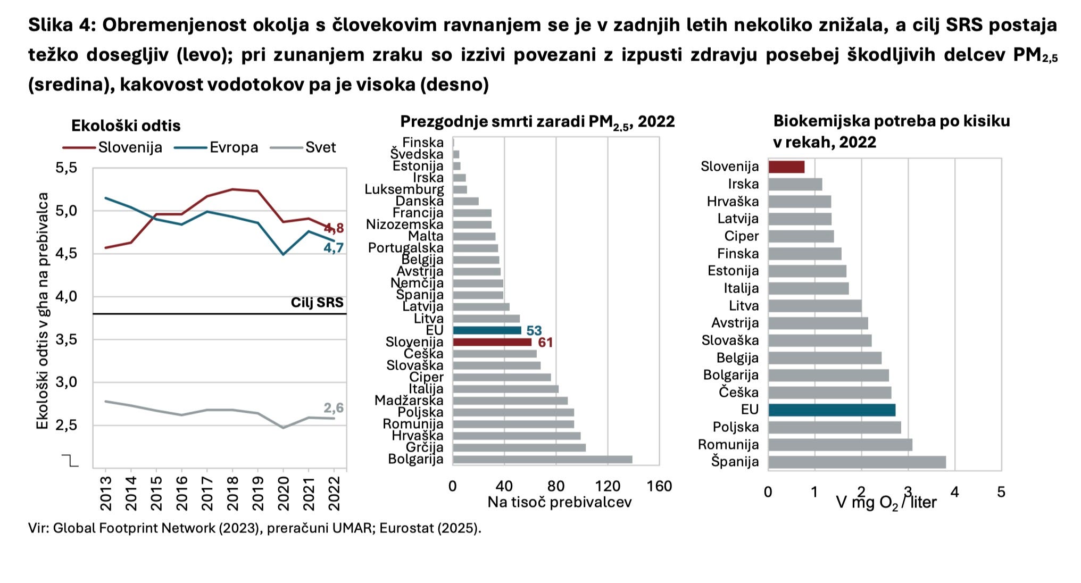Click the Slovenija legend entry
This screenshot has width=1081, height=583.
[x=130, y=147]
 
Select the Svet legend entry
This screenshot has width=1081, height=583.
[x=320, y=147]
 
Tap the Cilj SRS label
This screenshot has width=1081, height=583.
[x=317, y=303]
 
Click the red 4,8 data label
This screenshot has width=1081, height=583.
[x=334, y=229]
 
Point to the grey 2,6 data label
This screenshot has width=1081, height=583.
[x=334, y=408]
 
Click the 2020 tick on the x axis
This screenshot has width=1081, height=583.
[x=283, y=493]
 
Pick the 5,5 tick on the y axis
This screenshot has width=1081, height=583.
[x=66, y=168]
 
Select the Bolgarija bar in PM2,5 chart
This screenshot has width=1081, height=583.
[x=542, y=460]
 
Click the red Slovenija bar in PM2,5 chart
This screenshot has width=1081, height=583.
[x=492, y=342]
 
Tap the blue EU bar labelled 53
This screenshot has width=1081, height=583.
[x=487, y=330]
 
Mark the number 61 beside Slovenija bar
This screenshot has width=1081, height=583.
[x=545, y=343]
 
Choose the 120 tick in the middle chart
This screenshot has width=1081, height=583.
[x=608, y=486]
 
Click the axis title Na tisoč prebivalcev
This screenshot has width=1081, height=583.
[x=559, y=502]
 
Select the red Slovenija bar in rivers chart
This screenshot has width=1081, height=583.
[x=786, y=167]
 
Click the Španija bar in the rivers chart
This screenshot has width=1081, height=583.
[x=857, y=462]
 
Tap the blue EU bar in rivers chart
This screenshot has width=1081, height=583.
[x=831, y=410]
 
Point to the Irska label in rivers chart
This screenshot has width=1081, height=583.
[x=743, y=184]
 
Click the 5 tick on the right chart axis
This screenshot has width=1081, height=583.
[x=1001, y=492]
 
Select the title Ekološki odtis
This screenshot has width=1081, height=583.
[x=126, y=126]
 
